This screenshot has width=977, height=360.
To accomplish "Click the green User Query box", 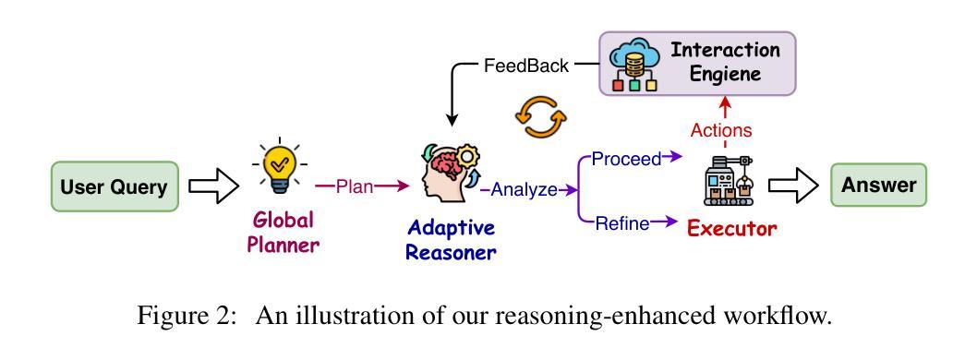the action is pyautogui.click(x=115, y=186).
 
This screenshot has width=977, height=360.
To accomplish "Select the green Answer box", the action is pyautogui.click(x=878, y=185).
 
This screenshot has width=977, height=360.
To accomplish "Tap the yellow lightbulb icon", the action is pyautogui.click(x=279, y=164).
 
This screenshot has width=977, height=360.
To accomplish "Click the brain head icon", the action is pyautogui.click(x=448, y=174).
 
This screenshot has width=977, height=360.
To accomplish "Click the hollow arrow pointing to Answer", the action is pyautogui.click(x=792, y=186).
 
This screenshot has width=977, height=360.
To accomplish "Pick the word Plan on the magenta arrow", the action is pyautogui.click(x=355, y=186).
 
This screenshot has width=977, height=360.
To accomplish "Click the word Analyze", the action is pyautogui.click(x=524, y=190).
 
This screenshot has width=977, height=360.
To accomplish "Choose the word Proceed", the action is pyautogui.click(x=626, y=160).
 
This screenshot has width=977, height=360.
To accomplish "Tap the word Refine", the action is pyautogui.click(x=622, y=223).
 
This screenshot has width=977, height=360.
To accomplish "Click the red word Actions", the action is pyautogui.click(x=721, y=131).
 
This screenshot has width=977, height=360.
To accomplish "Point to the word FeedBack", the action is pyautogui.click(x=526, y=66).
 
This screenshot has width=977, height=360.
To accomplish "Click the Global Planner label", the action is pyautogui.click(x=283, y=232).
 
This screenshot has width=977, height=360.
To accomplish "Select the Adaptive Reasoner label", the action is pyautogui.click(x=451, y=240).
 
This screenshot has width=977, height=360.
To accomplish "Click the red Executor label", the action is pyautogui.click(x=731, y=229).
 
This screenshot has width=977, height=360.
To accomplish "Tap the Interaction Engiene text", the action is pyautogui.click(x=725, y=62).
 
